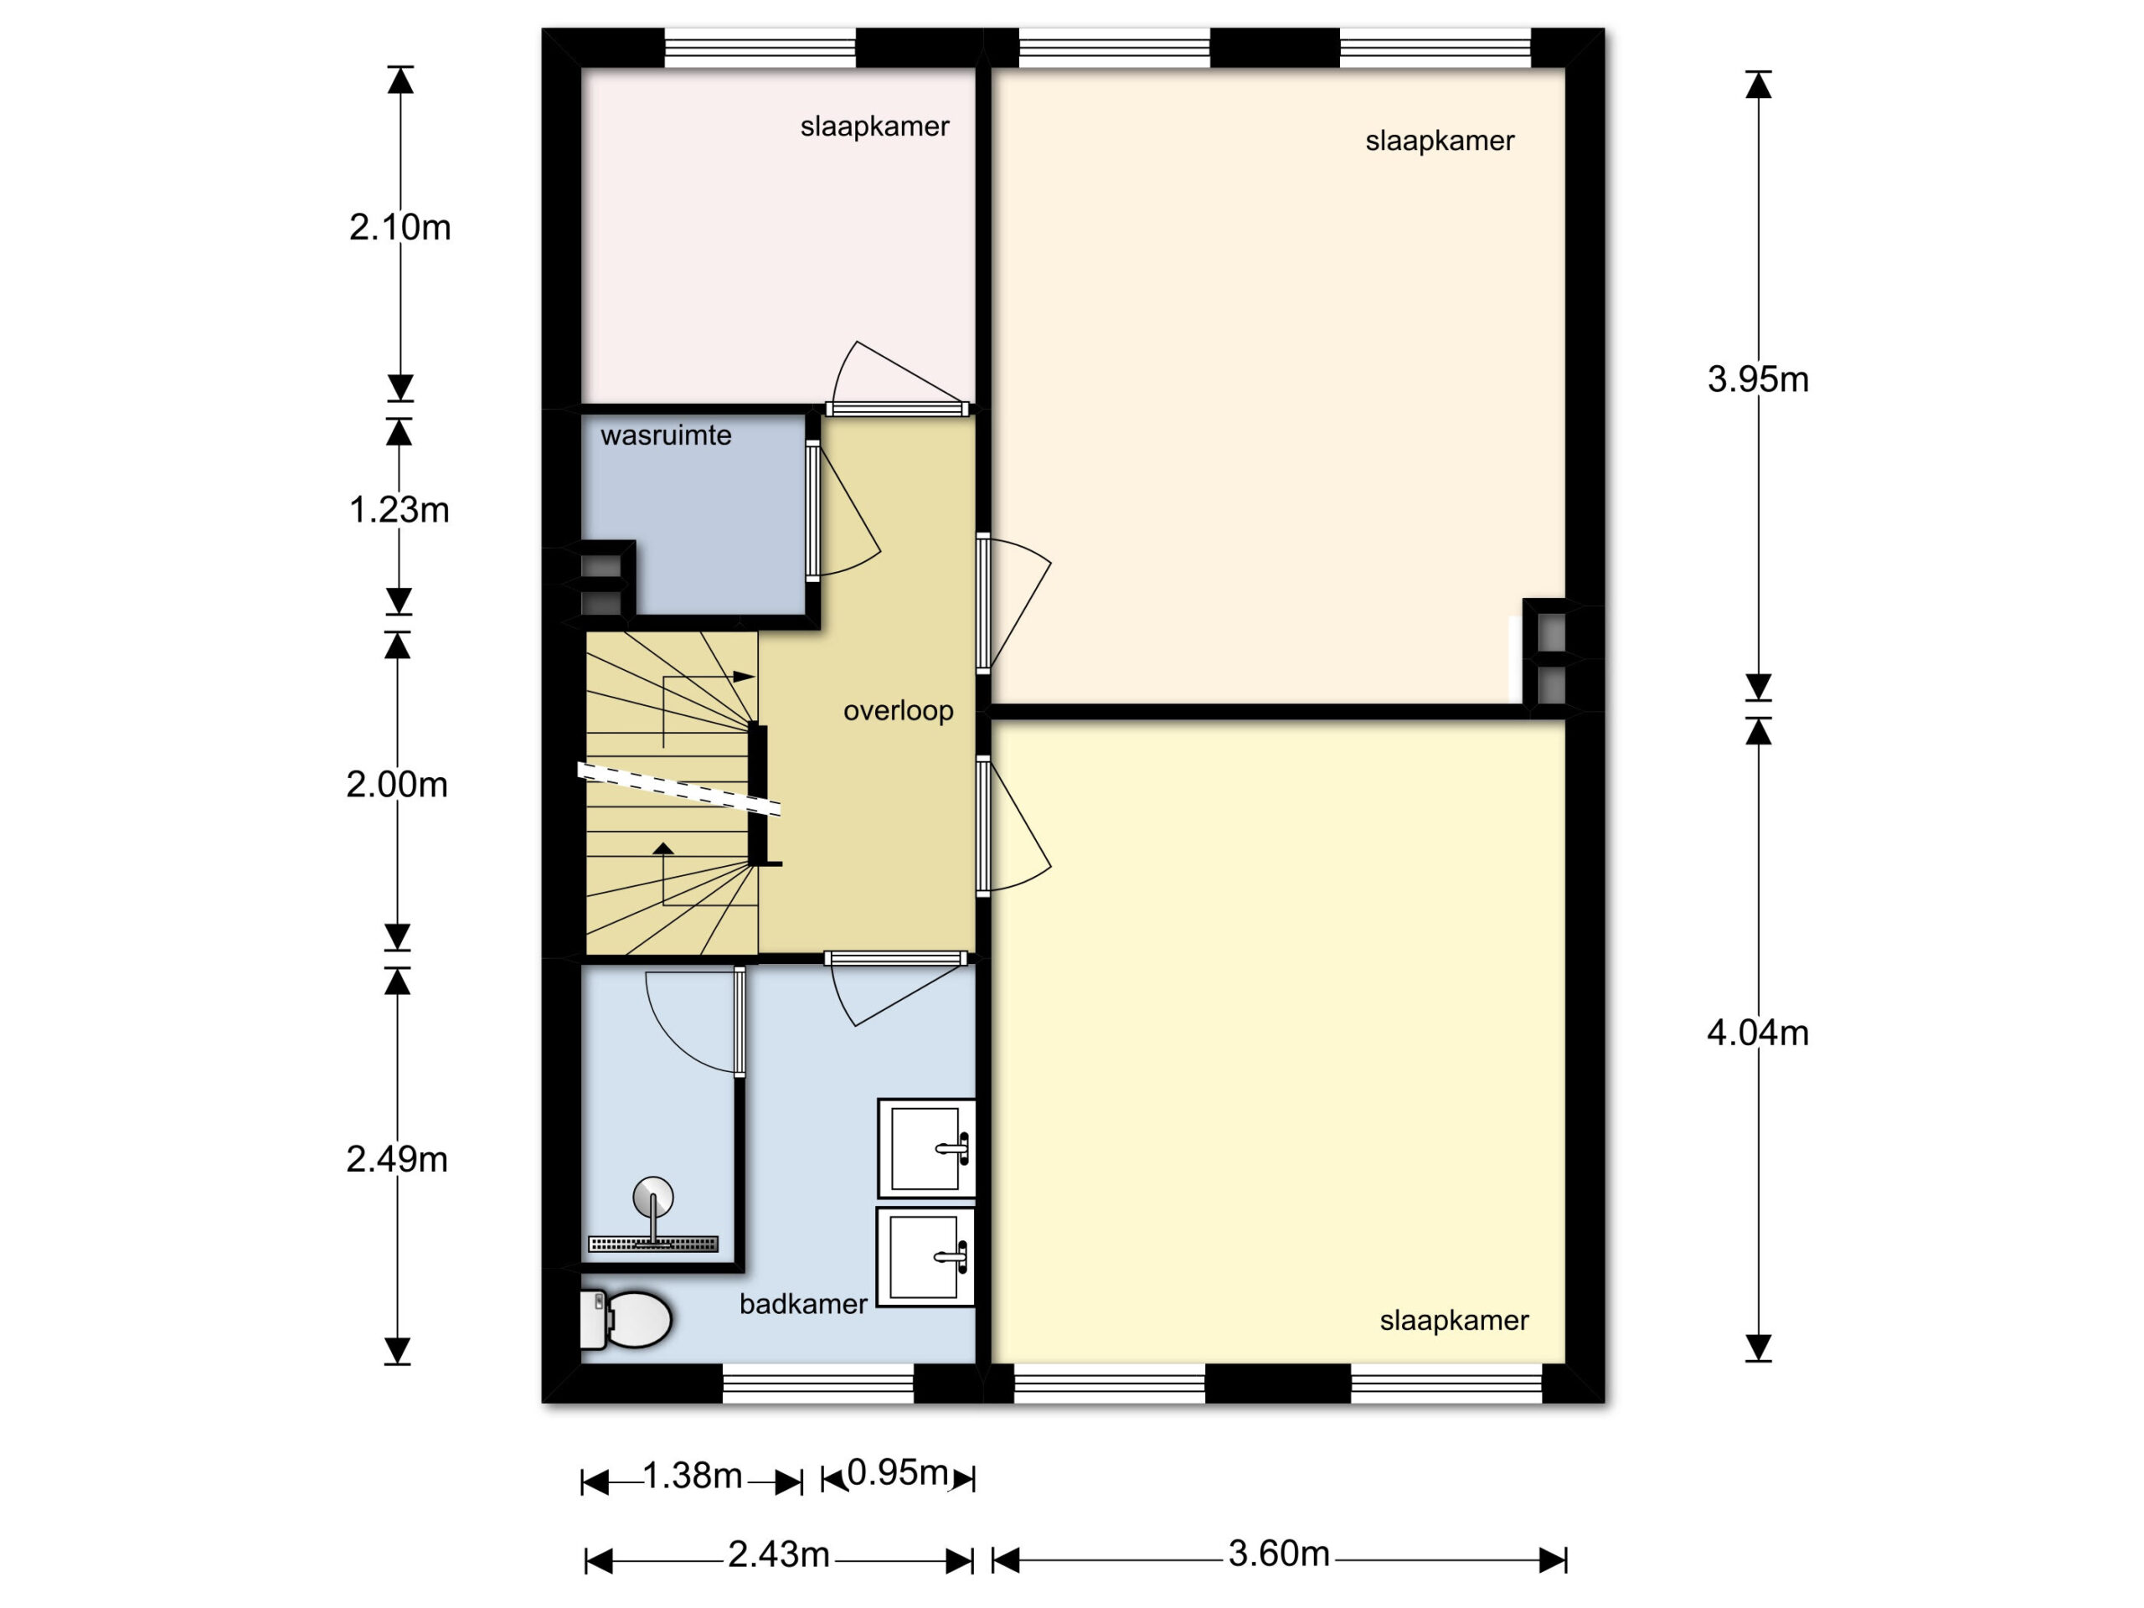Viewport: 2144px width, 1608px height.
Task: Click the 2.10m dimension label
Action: (399, 228)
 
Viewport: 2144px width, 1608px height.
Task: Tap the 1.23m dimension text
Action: (399, 510)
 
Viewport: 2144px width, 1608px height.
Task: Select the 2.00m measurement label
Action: (396, 784)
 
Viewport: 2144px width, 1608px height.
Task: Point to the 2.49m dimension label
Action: (396, 1159)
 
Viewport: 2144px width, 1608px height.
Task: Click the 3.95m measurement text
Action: (1757, 379)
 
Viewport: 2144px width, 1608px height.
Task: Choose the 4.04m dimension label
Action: (1757, 1033)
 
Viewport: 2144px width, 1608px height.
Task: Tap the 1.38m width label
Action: (692, 1475)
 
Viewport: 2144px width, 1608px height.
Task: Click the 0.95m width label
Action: (898, 1472)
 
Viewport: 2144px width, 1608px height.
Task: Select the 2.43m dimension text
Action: (778, 1554)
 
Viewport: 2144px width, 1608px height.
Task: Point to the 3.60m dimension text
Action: (1279, 1554)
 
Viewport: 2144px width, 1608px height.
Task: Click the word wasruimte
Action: (666, 435)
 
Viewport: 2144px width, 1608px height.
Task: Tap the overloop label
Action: (899, 711)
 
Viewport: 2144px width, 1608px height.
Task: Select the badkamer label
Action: (802, 1305)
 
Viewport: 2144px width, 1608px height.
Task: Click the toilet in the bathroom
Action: (625, 1319)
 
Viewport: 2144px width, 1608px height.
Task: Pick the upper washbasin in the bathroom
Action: (925, 1148)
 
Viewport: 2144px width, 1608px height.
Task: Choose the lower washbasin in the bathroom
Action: (925, 1256)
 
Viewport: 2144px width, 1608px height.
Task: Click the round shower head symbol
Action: (652, 1197)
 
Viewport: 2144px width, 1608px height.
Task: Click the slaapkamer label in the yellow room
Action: (1454, 1321)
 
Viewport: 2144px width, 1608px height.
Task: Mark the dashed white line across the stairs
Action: (678, 788)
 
